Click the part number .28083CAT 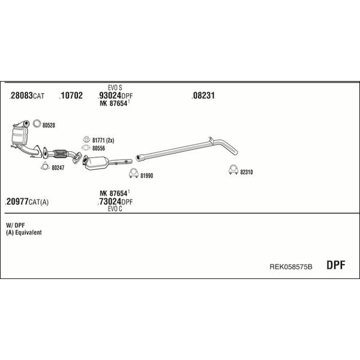click(x=26, y=95)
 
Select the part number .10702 click(x=71, y=95)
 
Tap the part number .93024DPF click(x=115, y=95)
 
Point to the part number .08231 click(x=203, y=95)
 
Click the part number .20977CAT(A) click(x=26, y=202)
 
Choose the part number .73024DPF click(x=115, y=202)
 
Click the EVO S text click(x=115, y=88)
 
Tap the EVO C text click(x=115, y=209)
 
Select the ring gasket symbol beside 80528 click(x=37, y=124)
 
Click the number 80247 click(x=58, y=168)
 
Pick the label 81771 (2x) click(x=103, y=140)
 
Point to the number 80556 click(x=98, y=148)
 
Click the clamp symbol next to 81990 click(x=134, y=173)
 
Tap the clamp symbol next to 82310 click(x=233, y=170)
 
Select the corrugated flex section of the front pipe click(x=60, y=154)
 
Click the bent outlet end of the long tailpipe click(x=229, y=147)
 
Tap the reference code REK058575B click(x=290, y=266)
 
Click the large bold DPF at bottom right click(x=335, y=265)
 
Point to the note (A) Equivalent click(x=24, y=232)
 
